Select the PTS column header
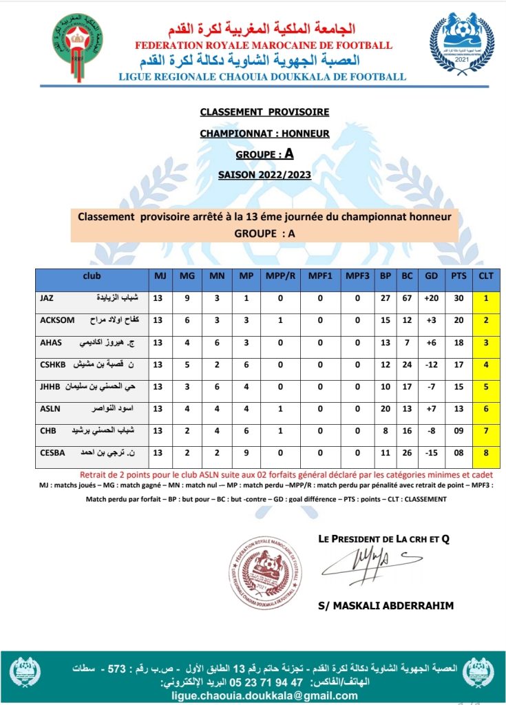coord(458,276)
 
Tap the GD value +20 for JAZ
coord(432,298)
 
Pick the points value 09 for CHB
coord(458,431)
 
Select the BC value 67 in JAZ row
coord(408,298)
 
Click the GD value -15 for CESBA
coord(432,453)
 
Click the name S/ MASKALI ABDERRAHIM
coord(386,606)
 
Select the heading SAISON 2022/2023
coord(264,175)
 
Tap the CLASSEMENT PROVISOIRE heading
coord(264,112)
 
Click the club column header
coord(91,276)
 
